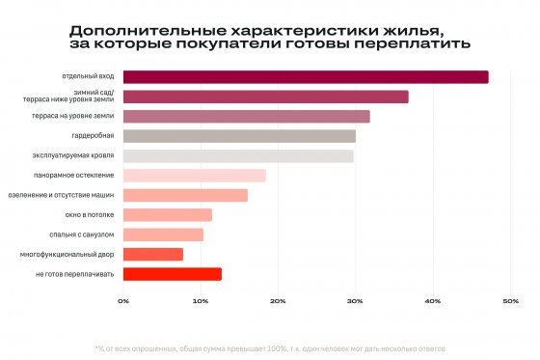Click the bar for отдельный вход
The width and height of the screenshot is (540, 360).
click(x=306, y=77)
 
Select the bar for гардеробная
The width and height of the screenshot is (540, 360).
click(x=239, y=136)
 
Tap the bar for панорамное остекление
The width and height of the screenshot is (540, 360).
click(x=195, y=176)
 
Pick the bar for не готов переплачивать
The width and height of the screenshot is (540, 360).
click(x=173, y=274)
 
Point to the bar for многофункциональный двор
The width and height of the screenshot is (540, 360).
click(x=153, y=254)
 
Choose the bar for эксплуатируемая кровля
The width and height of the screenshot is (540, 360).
click(x=238, y=155)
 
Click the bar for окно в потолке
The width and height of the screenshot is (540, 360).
click(x=168, y=214)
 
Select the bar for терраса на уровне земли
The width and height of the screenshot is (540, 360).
click(x=247, y=117)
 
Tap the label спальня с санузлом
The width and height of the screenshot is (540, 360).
click(x=81, y=235)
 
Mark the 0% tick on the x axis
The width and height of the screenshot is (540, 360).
click(x=123, y=302)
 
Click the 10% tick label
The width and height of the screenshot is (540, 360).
click(x=201, y=302)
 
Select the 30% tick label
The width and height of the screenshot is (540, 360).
click(x=355, y=302)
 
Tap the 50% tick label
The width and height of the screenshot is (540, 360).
click(x=510, y=302)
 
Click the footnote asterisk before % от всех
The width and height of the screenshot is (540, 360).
click(x=96, y=346)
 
